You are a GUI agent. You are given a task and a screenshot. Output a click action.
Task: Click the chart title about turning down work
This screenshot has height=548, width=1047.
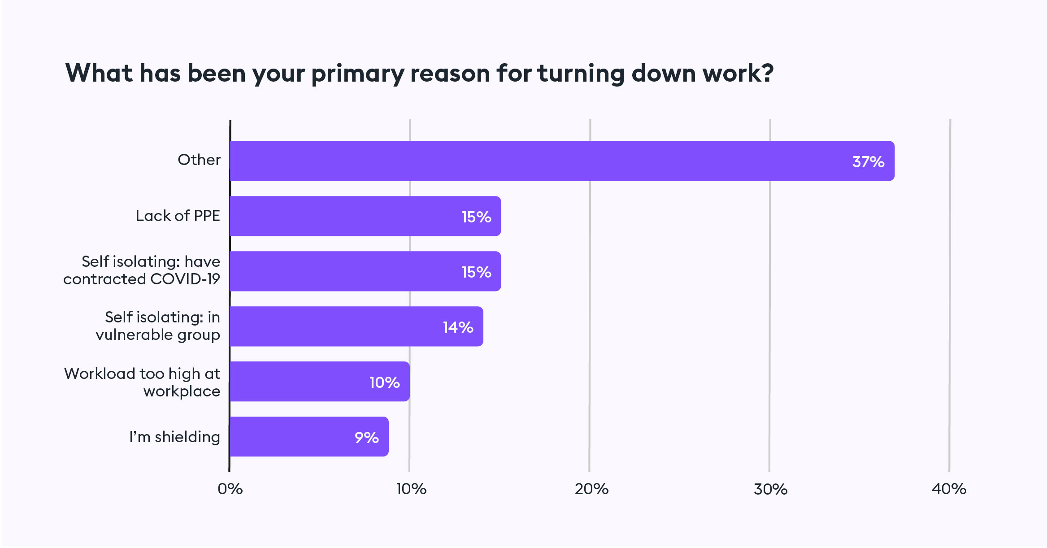coord(419,74)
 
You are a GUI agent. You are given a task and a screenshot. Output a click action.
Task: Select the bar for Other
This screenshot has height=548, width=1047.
coord(562,161)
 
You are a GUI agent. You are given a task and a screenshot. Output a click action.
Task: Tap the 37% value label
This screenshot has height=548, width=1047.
coord(868,161)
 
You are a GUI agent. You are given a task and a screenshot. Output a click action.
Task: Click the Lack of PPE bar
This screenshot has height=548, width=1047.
coord(365,216)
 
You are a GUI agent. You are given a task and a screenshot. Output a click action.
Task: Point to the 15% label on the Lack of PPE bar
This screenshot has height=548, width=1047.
coord(476,217)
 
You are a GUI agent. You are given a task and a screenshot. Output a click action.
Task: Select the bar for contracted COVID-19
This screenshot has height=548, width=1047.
coord(365,271)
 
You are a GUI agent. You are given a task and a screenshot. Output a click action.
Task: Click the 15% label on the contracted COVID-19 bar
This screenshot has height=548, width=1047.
coord(476,272)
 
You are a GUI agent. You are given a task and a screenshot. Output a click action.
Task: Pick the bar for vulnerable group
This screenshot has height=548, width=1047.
coord(356,326)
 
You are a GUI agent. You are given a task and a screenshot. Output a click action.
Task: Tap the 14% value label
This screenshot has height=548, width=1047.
coord(458,327)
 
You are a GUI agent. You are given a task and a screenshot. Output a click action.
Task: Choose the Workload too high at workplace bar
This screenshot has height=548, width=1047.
coord(319,382)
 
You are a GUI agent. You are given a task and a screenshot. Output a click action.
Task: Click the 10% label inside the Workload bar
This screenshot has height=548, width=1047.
coord(384,383)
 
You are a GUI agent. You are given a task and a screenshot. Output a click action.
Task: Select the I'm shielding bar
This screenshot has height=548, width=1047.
coord(309,437)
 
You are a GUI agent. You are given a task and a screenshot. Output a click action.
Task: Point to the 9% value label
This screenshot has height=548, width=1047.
coord(366,438)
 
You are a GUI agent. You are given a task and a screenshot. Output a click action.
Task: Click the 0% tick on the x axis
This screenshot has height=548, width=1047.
coord(230,489)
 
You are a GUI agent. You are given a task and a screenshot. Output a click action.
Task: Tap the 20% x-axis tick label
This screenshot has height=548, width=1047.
coord(591,489)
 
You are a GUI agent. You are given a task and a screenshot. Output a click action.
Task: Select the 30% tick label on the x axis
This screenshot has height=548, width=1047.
coord(770,489)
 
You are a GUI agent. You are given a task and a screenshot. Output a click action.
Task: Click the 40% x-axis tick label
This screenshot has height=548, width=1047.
coord(949,489)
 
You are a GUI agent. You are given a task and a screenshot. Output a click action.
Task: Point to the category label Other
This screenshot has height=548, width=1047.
coord(199,160)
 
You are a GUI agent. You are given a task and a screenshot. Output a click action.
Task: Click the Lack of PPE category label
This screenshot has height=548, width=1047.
coord(178,216)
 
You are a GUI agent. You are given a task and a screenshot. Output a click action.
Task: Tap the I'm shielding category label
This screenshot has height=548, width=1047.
coord(174,437)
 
